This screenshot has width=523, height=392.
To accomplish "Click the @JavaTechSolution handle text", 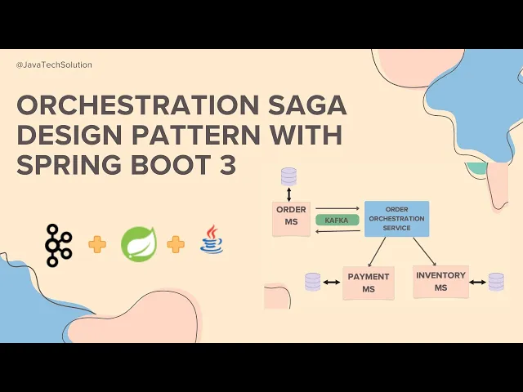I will tap(54, 65).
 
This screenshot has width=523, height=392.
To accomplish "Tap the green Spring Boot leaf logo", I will tap(138, 244).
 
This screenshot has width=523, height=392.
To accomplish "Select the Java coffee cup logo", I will tap(212, 243).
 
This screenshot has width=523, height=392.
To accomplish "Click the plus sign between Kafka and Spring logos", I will tap(97, 244).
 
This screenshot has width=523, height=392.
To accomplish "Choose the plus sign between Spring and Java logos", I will tap(176, 244).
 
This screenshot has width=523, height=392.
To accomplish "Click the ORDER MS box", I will tap(291, 219).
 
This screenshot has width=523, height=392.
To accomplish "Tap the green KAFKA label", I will tap(337, 220).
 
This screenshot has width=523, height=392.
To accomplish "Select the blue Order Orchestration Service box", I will tap(396, 219).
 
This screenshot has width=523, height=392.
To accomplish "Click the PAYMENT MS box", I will tap(369, 283).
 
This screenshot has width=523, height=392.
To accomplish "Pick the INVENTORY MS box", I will tap(440, 281).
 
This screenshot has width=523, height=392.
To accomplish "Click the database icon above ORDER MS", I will tap(288, 176).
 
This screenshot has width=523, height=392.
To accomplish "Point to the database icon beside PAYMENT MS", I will tap(312, 283).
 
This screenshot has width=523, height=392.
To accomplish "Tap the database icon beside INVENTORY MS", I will tap(496, 282).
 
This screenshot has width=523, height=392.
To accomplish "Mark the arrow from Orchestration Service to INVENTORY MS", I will tap(422, 250).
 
